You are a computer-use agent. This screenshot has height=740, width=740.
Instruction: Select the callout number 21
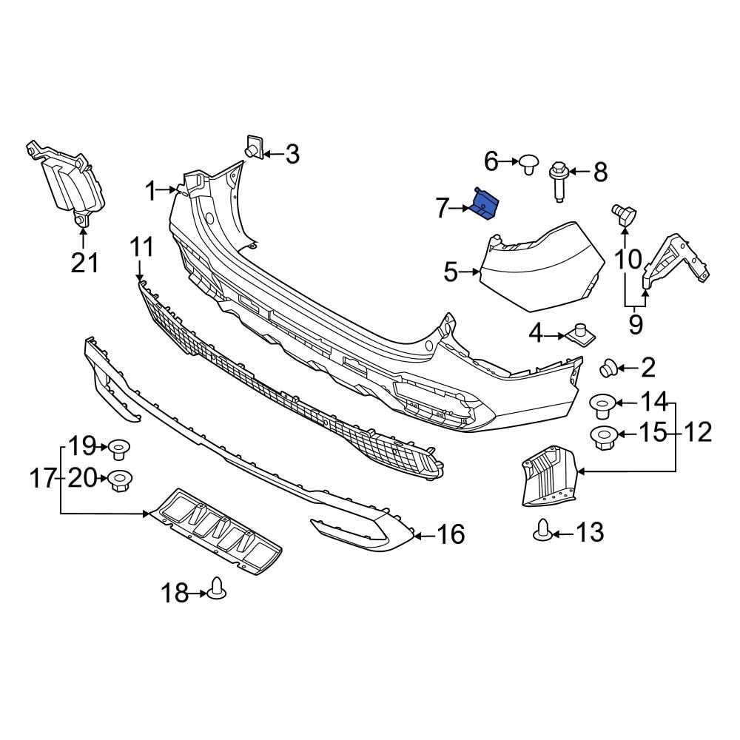[84, 261]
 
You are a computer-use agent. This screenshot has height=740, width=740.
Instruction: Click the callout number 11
[142, 247]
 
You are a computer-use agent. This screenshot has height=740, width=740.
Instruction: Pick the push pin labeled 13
[542, 531]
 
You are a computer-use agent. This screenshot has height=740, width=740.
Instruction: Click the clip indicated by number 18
[218, 588]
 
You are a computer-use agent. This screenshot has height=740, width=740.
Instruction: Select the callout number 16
[451, 534]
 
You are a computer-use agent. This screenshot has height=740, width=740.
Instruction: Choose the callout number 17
[43, 480]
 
